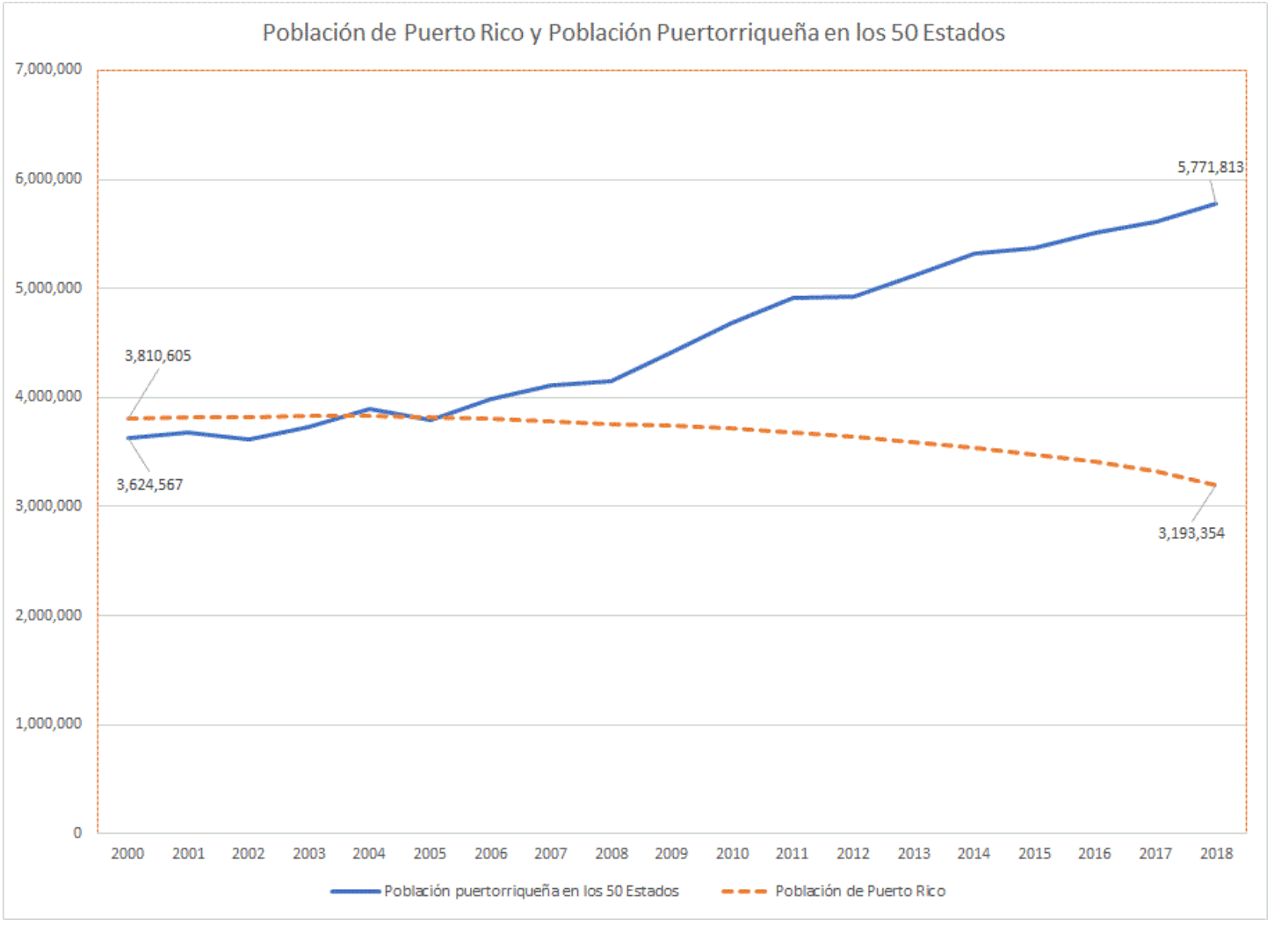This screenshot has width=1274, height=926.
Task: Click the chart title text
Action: tap(633, 33)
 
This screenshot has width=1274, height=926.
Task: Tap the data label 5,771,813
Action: tap(1210, 167)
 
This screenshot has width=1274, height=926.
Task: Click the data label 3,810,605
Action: tap(157, 356)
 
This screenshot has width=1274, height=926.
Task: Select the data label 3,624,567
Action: tap(149, 485)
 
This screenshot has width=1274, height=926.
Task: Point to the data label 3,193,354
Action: tap(1191, 533)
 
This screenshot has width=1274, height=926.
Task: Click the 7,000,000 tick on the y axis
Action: tap(49, 69)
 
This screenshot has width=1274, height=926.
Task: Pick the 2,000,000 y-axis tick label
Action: tap(49, 615)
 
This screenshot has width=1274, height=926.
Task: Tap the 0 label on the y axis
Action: tap(77, 833)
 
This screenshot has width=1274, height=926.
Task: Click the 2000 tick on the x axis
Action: tap(127, 853)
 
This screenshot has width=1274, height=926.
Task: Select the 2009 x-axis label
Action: tap(671, 853)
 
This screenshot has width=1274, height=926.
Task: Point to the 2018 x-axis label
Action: tap(1216, 853)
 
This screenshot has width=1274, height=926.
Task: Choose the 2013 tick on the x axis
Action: tap(914, 853)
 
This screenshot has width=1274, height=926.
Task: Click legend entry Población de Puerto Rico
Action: tap(859, 891)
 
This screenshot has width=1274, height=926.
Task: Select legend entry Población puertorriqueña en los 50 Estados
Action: tap(531, 891)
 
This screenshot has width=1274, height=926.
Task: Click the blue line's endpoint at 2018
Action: tap(1216, 204)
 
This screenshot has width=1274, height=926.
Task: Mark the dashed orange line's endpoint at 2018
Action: tap(1216, 485)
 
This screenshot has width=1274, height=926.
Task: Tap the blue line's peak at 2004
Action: tap(370, 409)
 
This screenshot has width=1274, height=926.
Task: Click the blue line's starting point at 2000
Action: tap(128, 438)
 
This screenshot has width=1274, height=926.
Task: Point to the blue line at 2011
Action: tap(793, 298)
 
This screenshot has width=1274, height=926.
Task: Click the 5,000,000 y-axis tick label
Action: tap(49, 288)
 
